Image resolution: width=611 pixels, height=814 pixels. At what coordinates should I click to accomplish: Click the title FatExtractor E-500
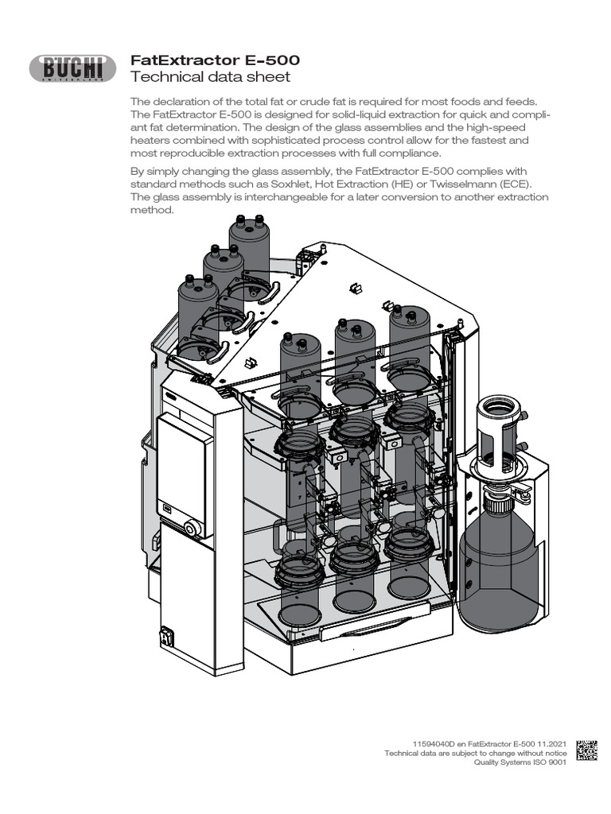(215, 60)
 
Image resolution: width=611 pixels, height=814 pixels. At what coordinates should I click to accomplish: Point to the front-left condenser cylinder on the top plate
(300, 366)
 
